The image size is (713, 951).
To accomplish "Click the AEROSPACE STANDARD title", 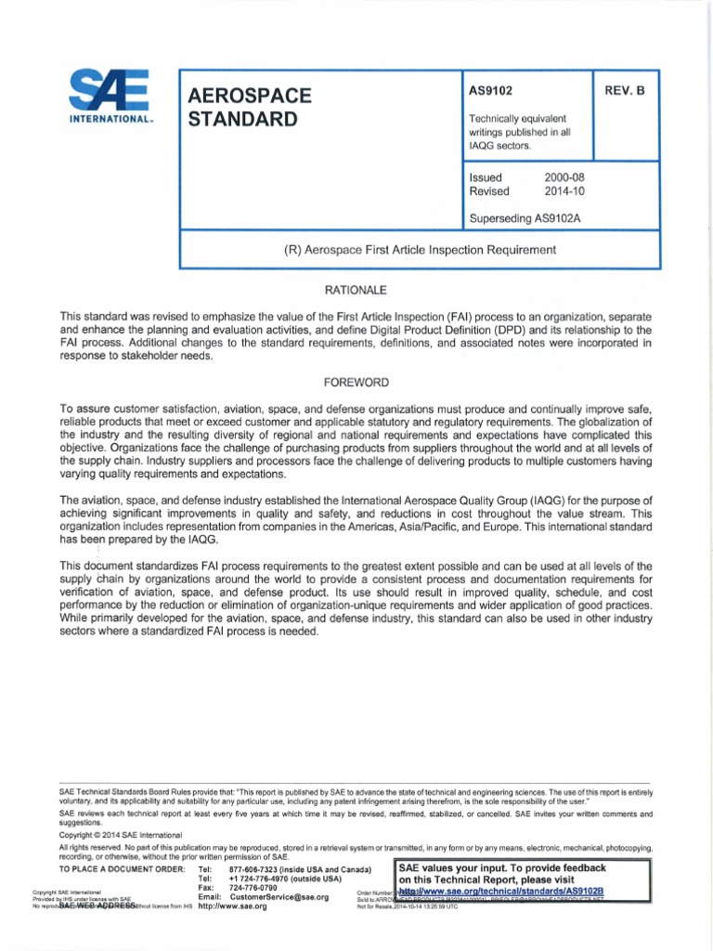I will tap(250, 108).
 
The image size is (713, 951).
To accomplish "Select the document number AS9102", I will tap(491, 91).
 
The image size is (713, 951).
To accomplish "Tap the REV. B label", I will tap(626, 91).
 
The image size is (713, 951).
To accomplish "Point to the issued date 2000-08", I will tap(564, 177).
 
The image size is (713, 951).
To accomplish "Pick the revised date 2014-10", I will tap(564, 191).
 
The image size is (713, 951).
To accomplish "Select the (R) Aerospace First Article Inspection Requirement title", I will tap(420, 250).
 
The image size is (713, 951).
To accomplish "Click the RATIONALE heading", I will tap(356, 291).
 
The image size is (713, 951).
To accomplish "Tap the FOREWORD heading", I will tap(356, 383).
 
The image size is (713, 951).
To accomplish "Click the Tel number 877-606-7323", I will tap(300, 869).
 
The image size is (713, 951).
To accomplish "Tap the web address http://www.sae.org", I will tap(232, 907).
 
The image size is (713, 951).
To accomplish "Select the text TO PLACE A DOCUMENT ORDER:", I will tap(122, 869).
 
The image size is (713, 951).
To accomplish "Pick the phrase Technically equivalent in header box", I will tap(517, 119).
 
